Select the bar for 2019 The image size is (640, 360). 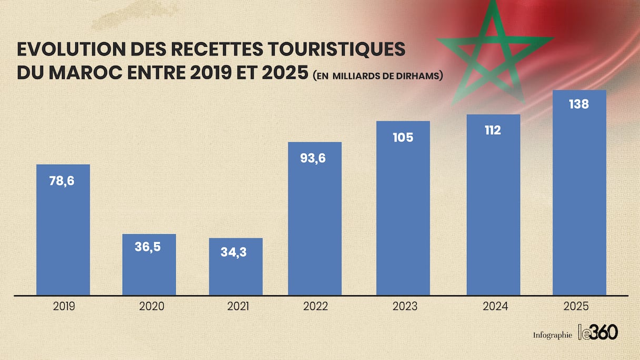tap(63, 232)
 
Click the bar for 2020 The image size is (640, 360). tap(149, 268)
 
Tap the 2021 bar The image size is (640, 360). tap(235, 271)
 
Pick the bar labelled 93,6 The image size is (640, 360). tap(315, 221)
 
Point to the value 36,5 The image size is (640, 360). tap(148, 247)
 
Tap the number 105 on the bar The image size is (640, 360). tap(403, 138)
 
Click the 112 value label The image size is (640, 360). tap(493, 131)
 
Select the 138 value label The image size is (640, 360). tap(579, 104)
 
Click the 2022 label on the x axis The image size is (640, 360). tap(314, 306)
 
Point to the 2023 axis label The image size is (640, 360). tap(404, 306)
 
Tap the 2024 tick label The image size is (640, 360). tap(495, 306)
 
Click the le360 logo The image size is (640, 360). tap(598, 332)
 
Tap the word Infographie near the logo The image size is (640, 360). tap(552, 335)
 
